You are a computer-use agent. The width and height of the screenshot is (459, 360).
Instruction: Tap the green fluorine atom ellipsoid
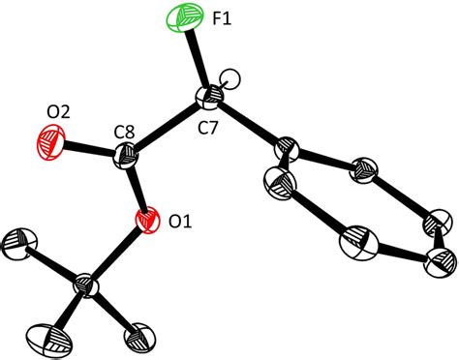tap(183, 17)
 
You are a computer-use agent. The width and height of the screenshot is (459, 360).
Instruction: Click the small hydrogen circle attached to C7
tap(229, 78)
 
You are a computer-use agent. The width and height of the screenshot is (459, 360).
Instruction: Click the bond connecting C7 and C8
tap(168, 125)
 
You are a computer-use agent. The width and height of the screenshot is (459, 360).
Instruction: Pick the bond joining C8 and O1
tap(138, 187)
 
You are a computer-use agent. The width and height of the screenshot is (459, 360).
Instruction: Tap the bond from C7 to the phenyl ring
tap(247, 123)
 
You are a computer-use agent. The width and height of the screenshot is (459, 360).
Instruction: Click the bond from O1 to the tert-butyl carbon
tap(118, 253)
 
